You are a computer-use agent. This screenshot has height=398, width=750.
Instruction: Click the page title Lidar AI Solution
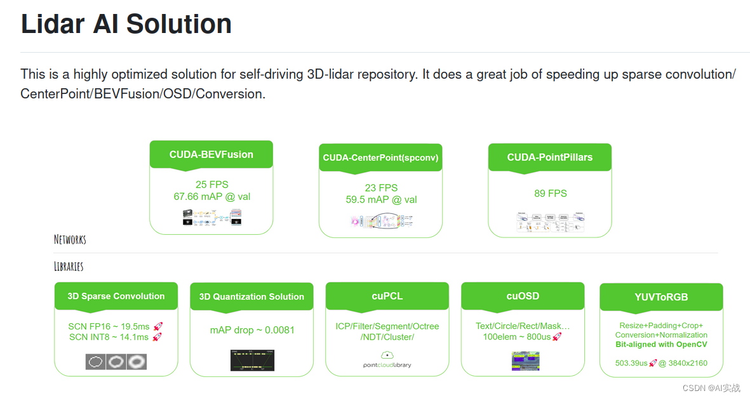[x=126, y=24]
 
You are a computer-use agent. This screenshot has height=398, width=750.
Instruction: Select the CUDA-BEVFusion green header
[x=211, y=155]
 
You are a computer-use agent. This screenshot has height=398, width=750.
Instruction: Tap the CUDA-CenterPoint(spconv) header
[x=380, y=157]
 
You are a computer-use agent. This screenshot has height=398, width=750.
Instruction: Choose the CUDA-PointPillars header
[x=549, y=157]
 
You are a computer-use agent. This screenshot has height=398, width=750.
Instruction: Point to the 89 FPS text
[x=550, y=193]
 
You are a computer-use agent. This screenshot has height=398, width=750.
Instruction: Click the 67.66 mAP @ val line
[x=211, y=197]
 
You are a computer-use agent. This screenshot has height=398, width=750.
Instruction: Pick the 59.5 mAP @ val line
[x=380, y=199]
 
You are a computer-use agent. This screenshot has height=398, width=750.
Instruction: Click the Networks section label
[x=70, y=240]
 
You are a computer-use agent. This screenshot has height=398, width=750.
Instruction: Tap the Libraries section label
[x=69, y=266]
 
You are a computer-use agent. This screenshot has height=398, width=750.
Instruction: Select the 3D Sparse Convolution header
[x=116, y=296]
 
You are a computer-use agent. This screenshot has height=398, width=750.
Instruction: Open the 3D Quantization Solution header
[x=251, y=297]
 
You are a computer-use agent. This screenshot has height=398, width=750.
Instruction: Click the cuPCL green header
[x=387, y=296]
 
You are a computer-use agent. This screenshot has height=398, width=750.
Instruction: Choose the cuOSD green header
[x=523, y=296]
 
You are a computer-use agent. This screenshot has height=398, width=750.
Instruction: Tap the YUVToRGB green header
[x=661, y=297]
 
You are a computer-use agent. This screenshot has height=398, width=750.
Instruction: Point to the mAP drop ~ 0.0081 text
[x=252, y=330]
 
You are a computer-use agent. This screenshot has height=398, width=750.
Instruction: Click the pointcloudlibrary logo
[x=387, y=360]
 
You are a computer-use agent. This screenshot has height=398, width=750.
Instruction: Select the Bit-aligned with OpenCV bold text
[x=661, y=345]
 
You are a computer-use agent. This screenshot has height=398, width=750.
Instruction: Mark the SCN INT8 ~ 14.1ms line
[x=109, y=337]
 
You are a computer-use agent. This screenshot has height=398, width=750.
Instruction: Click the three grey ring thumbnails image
[x=116, y=362]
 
